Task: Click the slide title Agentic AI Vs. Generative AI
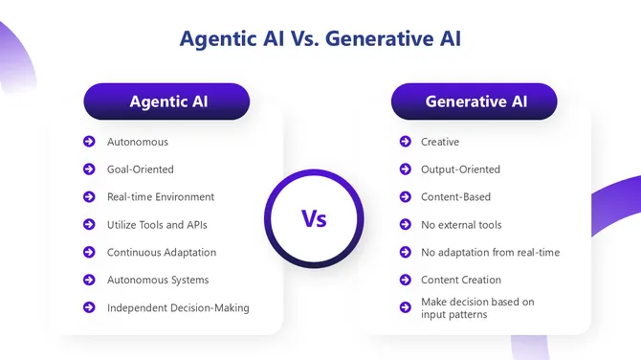point(320,39)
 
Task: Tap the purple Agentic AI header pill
point(166,101)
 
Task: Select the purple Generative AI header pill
point(475,101)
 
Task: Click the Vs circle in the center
point(314,219)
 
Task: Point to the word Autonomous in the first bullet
point(137,142)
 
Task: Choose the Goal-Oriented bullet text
point(140,169)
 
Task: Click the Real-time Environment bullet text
point(160,197)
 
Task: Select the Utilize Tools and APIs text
point(157,225)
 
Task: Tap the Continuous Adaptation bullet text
point(161,253)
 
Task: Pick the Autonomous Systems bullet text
point(157,281)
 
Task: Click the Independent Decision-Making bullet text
point(177,308)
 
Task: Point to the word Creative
point(440,142)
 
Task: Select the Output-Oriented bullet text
point(460,169)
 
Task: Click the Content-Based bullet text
point(455,197)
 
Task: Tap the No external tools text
point(461,225)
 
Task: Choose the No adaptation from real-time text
point(490,253)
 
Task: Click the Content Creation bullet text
point(461,281)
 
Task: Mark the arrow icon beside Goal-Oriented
point(89,169)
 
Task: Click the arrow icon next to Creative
point(404,142)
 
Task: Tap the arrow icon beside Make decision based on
point(404,306)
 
